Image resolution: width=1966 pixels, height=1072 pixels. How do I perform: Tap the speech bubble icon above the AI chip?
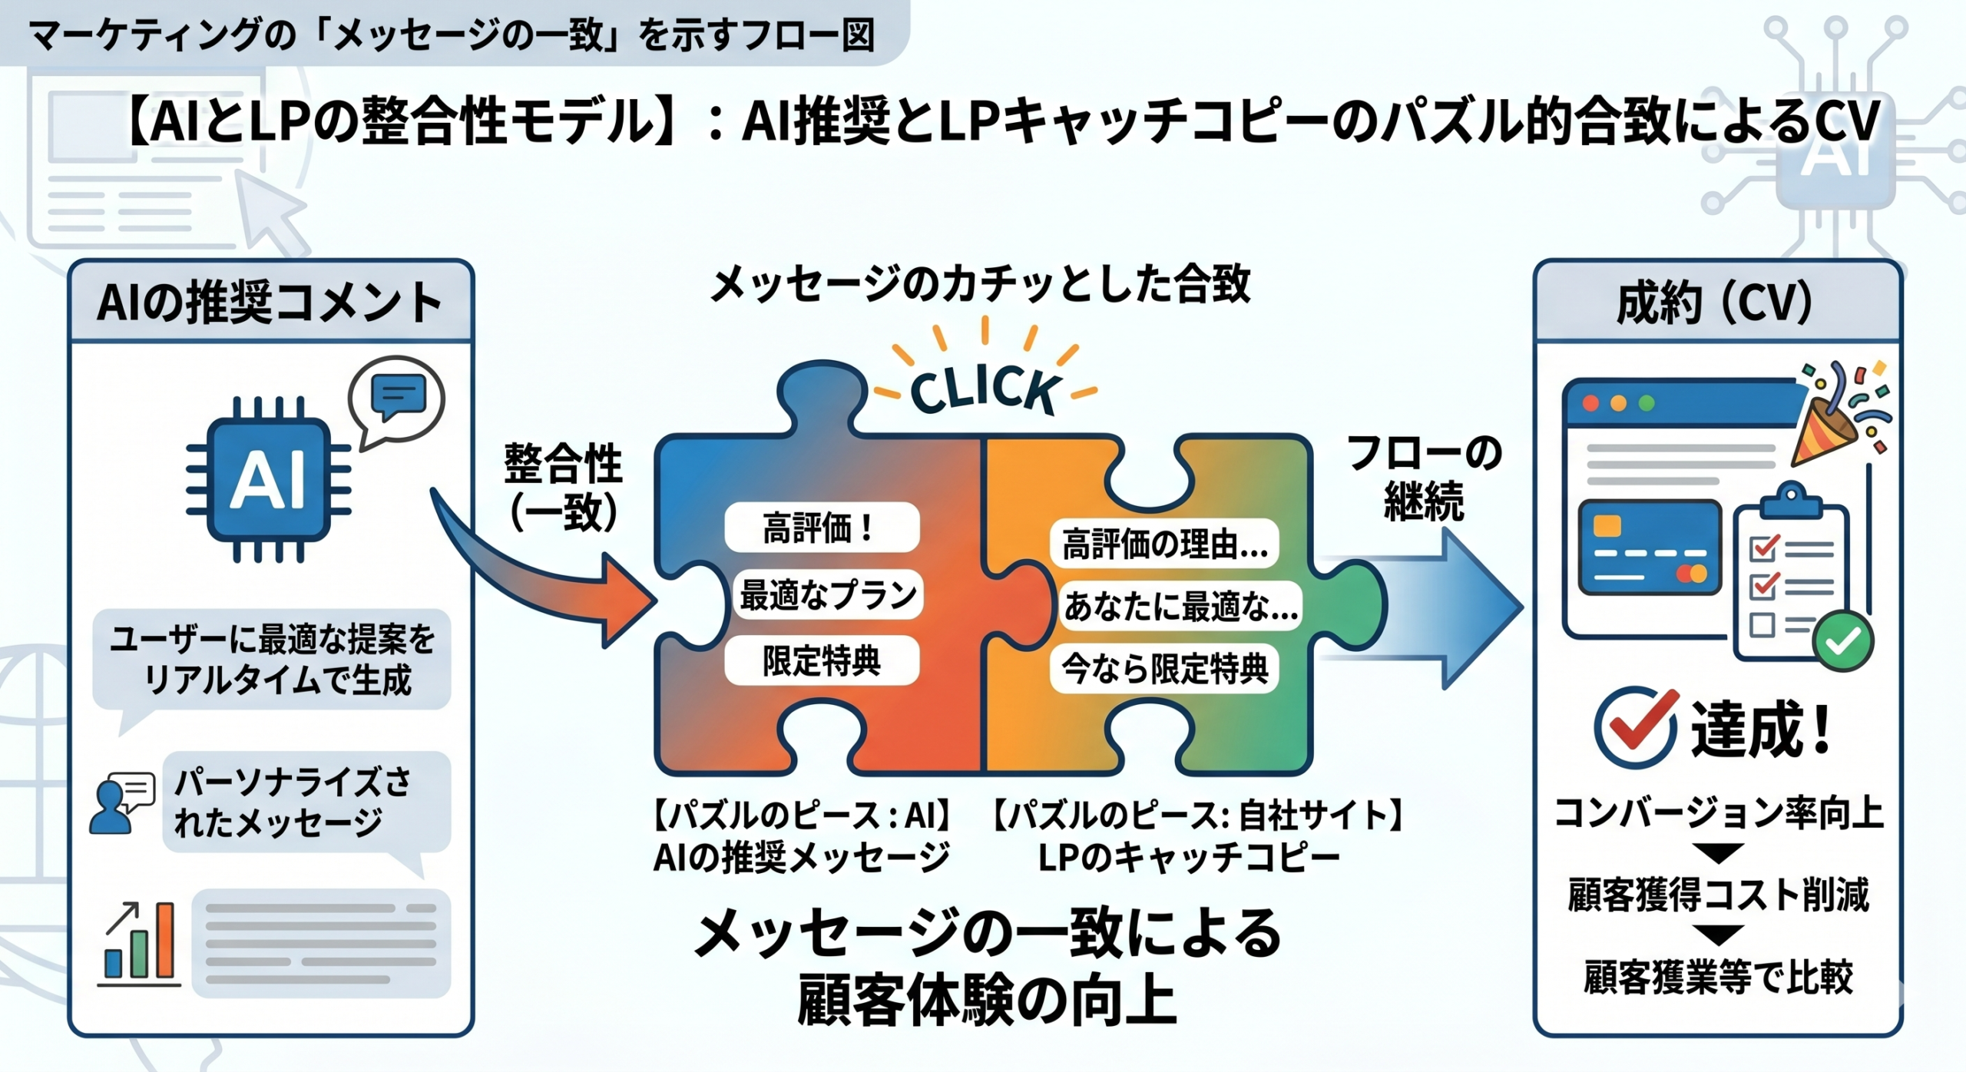(x=397, y=399)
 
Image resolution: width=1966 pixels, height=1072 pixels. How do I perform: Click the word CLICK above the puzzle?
(x=985, y=389)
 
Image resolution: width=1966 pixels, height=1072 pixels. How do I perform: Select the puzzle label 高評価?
(x=821, y=528)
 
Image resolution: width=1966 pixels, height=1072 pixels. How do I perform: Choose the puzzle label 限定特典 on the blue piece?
(x=821, y=660)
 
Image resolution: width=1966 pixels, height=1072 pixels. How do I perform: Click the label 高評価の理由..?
(x=1164, y=544)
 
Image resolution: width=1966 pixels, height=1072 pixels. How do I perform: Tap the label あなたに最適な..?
(x=1180, y=607)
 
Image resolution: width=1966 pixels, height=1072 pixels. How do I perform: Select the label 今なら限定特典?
(x=1164, y=669)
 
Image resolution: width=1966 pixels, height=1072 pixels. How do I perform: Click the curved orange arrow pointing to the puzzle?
(x=553, y=584)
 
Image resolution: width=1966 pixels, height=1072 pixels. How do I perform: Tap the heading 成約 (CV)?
(x=1716, y=303)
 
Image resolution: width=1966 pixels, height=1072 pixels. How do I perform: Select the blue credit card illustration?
(x=1650, y=547)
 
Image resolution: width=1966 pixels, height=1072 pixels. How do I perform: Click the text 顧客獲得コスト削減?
(x=1718, y=895)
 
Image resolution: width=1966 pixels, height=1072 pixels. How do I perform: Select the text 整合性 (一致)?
(x=563, y=488)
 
